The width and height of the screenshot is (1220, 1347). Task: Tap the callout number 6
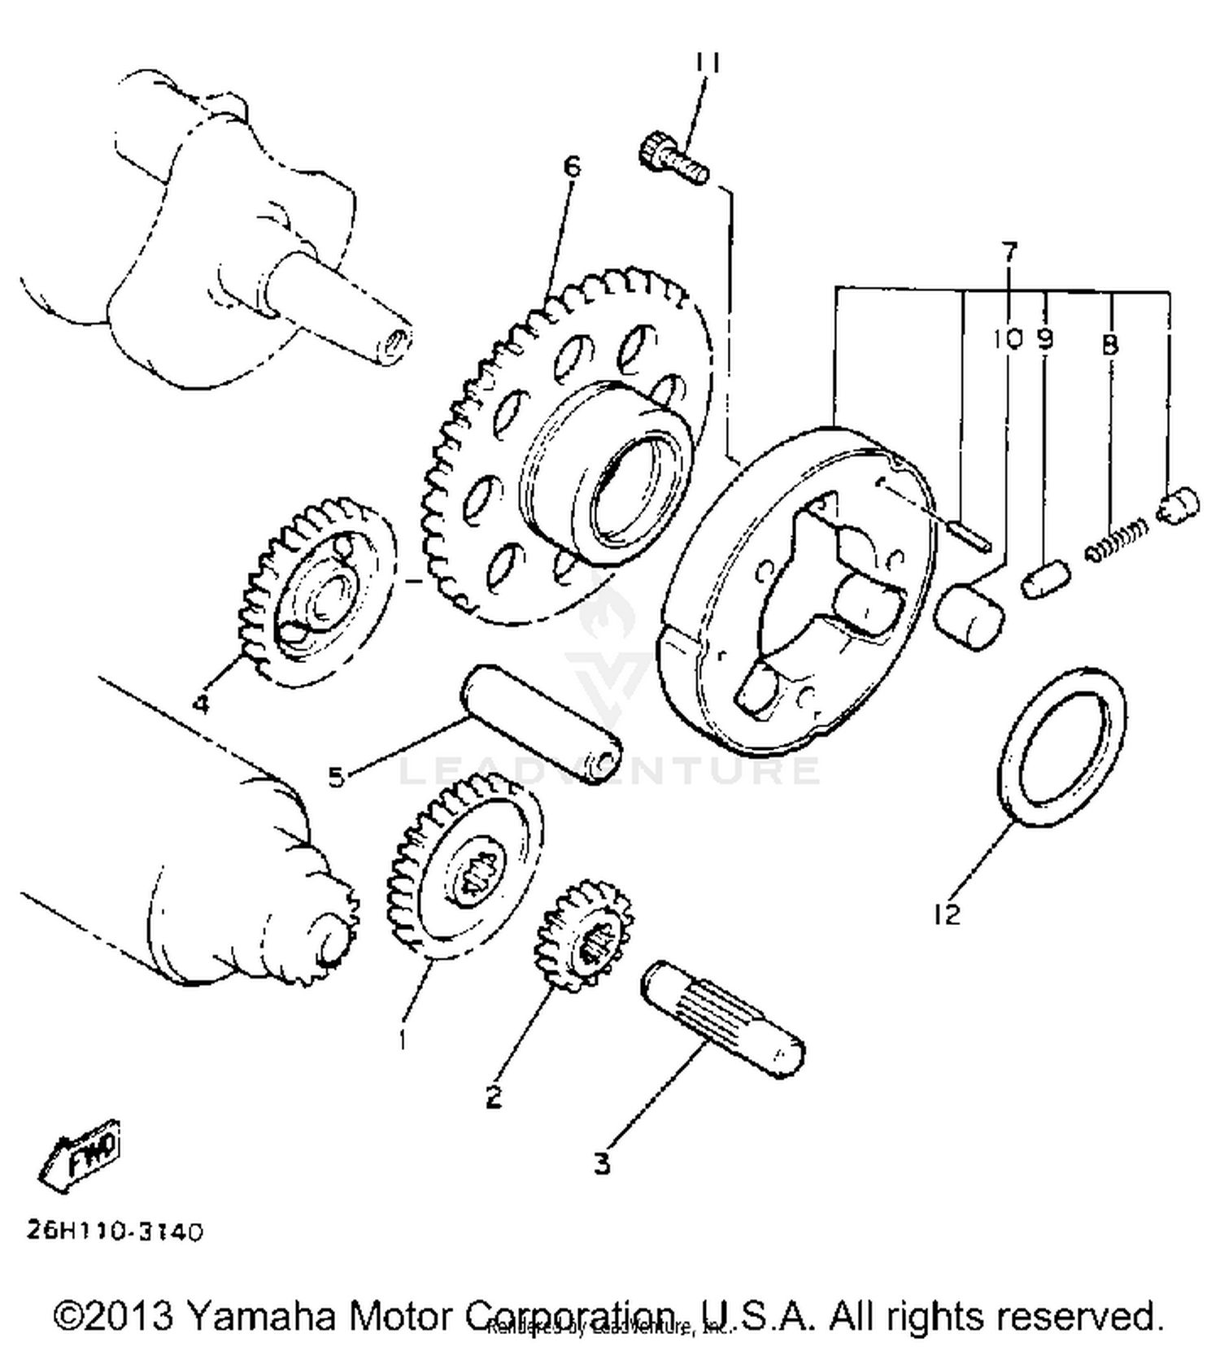tap(573, 167)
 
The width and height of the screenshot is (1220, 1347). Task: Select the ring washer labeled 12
tap(1061, 748)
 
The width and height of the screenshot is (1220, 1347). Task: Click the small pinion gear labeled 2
tap(583, 935)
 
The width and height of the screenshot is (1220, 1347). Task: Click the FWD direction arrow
tap(81, 1155)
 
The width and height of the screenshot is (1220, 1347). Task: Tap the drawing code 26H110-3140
tap(115, 1231)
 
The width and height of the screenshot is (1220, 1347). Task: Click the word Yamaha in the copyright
tap(264, 1314)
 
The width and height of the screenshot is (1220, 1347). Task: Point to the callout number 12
tap(947, 915)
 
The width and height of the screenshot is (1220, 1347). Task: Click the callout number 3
tap(601, 1163)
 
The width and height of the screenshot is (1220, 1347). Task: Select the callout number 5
tap(336, 777)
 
